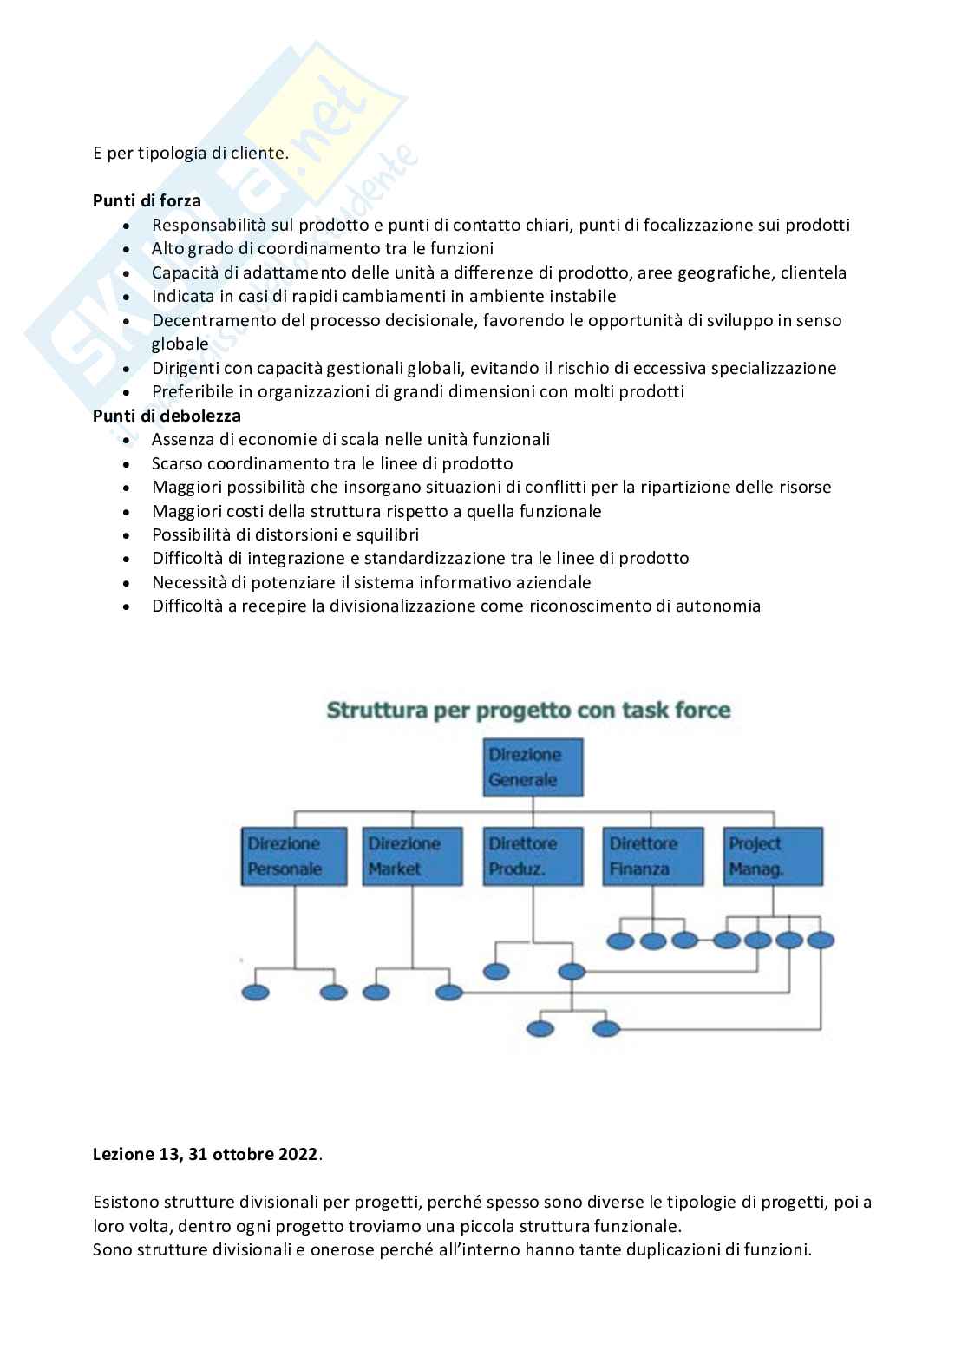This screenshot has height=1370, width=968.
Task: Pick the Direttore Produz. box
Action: point(532,855)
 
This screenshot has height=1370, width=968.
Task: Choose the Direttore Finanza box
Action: point(652,855)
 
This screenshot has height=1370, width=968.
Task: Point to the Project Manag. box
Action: point(774,855)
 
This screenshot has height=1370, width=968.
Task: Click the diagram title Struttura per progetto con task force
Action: point(528,711)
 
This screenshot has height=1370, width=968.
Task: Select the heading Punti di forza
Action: point(147,200)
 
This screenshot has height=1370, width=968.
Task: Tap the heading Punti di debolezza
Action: point(167,416)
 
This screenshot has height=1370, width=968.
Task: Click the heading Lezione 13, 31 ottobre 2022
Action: point(206,1155)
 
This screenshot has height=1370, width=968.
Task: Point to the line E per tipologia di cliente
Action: point(190,154)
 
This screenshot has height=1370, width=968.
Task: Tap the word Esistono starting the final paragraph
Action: point(127,1203)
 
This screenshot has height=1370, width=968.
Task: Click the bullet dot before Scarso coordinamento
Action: point(128,464)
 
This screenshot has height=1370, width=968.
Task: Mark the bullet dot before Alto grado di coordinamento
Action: point(128,249)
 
